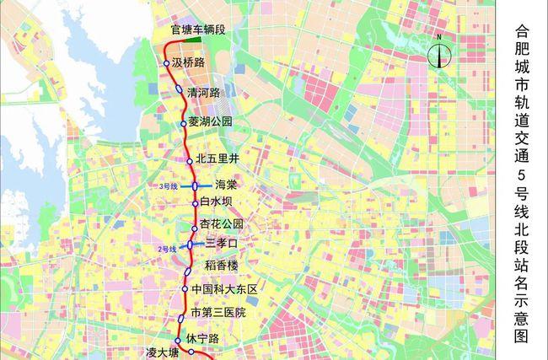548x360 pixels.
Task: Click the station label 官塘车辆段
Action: pos(198,30)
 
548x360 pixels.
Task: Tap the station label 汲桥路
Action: pos(188,62)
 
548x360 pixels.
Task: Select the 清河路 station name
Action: pos(204,93)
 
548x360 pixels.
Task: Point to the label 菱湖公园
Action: pos(210,121)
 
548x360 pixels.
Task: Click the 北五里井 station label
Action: pos(218,159)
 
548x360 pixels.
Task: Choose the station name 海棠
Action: pos(226,185)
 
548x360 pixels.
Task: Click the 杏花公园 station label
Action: pos(223,225)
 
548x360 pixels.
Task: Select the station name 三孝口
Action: pos(223,244)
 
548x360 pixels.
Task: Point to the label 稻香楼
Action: pos(223,266)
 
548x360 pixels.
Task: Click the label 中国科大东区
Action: pos(223,289)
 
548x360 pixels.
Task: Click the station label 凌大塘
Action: pos(163,352)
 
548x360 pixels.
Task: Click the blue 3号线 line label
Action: pos(168,185)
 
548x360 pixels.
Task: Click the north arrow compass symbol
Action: pos(441,55)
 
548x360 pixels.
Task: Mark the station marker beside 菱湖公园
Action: pos(183,123)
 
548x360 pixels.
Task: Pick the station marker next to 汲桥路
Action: pos(166,63)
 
